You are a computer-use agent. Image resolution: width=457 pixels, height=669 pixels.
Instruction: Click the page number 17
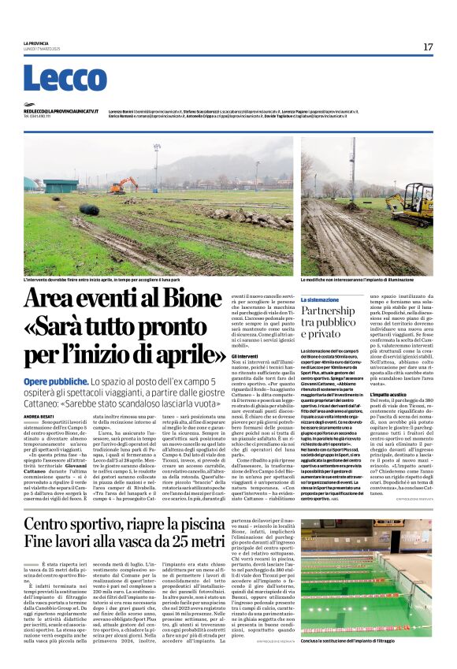(427, 46)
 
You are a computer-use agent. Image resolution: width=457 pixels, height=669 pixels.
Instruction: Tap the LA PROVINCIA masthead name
(35, 43)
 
